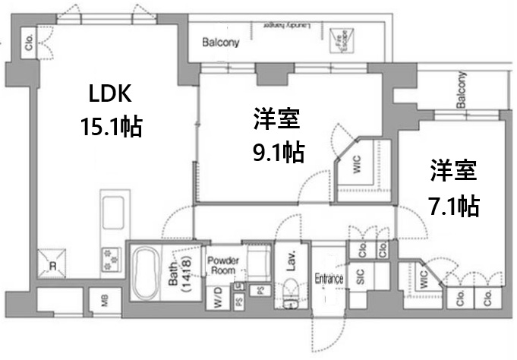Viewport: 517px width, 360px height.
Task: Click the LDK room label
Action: pyautogui.click(x=111, y=95)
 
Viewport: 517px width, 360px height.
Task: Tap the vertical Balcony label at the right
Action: pyautogui.click(x=460, y=90)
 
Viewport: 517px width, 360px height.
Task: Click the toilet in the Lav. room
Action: pyautogui.click(x=289, y=295)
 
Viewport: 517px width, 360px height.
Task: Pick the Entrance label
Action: pyautogui.click(x=329, y=279)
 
